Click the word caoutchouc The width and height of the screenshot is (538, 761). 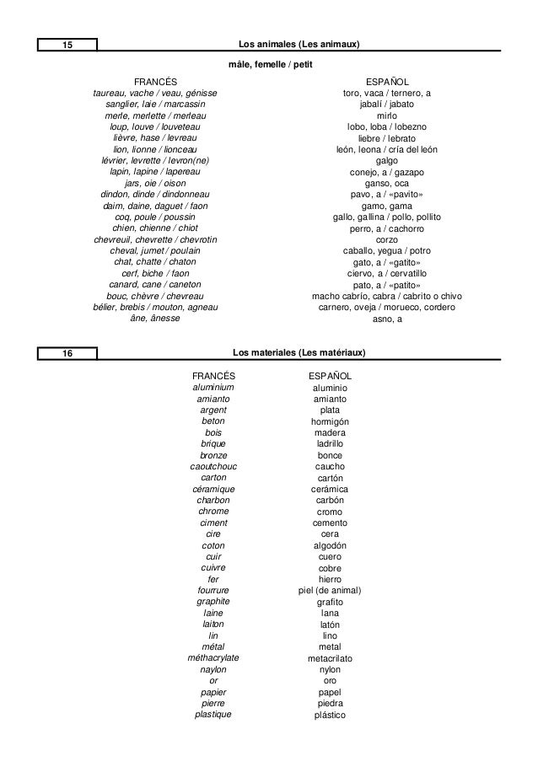coord(213,466)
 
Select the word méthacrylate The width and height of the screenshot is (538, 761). coord(213,657)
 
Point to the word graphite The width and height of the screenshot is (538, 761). coord(213,602)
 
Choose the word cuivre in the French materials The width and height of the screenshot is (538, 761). coord(213,568)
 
